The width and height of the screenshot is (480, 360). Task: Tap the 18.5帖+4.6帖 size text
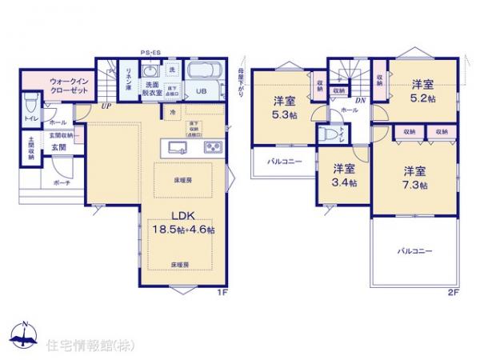pos(182,229)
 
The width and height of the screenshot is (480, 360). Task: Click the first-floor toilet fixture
pos(30,102)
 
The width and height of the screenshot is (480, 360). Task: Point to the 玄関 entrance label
pos(60,147)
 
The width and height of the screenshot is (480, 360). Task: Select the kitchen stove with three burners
pos(214,146)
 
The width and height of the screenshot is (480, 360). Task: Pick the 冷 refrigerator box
pos(174,113)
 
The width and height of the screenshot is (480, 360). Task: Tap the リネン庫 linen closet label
pos(126,81)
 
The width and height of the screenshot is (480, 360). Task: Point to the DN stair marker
pos(361,100)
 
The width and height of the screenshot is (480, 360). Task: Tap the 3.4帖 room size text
pos(345,182)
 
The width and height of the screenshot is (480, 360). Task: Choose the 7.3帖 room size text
pos(414,186)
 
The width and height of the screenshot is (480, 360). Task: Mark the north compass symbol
pos(24,335)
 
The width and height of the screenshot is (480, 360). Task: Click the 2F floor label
pos(452,293)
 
